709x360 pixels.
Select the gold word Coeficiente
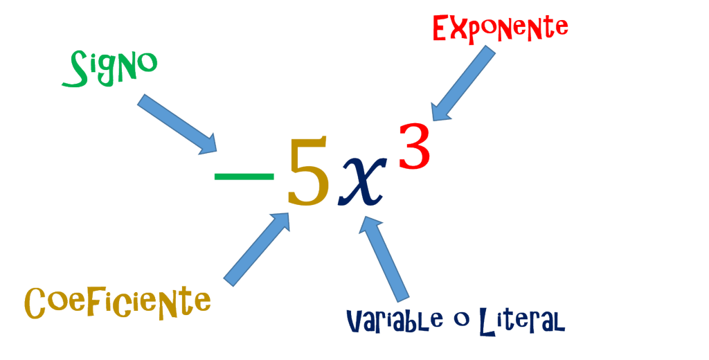(117, 303)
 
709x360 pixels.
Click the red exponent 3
(414, 146)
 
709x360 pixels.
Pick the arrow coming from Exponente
(463, 84)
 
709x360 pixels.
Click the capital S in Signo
(73, 72)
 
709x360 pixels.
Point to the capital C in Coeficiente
(36, 303)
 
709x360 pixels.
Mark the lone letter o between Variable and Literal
(456, 320)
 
